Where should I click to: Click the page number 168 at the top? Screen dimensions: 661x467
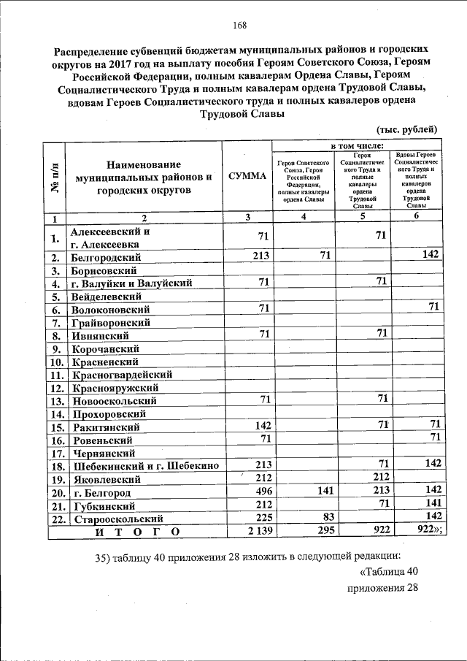[x=239, y=26]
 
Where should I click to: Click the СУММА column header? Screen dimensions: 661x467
[x=247, y=176]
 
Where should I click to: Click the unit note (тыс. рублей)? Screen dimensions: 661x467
[x=407, y=130]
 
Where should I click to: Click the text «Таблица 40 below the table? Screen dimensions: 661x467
[x=390, y=571]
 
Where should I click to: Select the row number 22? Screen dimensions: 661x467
[x=54, y=519]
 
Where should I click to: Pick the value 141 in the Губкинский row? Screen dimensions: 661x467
[x=432, y=505]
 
